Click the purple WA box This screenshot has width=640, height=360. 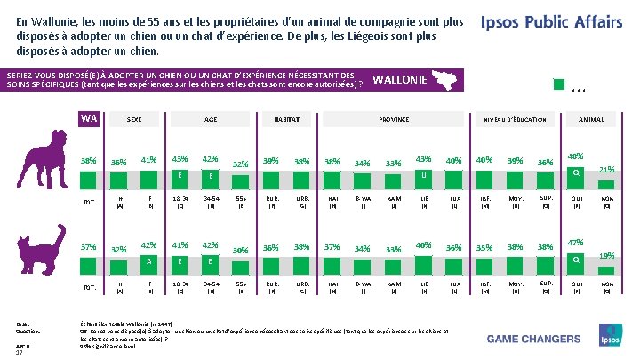pyautogui.click(x=88, y=118)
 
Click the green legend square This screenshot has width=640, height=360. pyautogui.click(x=558, y=85)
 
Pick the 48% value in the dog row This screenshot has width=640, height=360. pyautogui.click(x=575, y=156)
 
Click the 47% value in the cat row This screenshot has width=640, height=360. pyautogui.click(x=575, y=242)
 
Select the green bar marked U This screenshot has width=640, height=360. pyautogui.click(x=424, y=175)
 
